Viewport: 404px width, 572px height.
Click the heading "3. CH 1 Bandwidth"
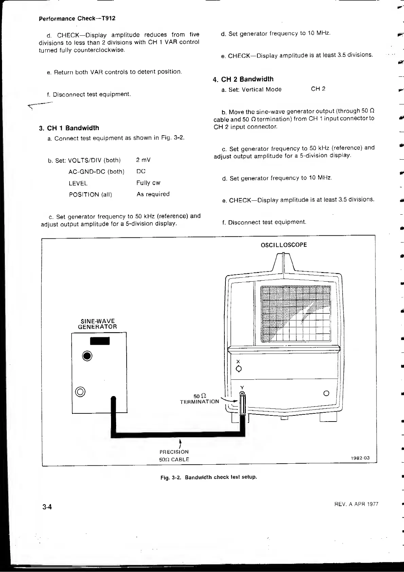coord(69,128)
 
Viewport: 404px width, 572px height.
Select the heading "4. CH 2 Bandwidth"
coord(243,79)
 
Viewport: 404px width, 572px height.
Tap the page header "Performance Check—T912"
coord(77,18)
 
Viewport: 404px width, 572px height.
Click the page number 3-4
coord(47,507)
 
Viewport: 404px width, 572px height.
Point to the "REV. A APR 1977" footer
coord(356,504)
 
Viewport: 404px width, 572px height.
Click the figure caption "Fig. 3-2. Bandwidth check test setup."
coord(208,477)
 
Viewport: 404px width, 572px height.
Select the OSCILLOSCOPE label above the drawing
coord(283,245)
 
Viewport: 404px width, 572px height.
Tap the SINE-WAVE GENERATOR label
coord(97,324)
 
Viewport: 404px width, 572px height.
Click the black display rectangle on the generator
coord(100,341)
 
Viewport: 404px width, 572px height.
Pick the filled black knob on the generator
coord(87,356)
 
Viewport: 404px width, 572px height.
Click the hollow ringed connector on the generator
coord(80,392)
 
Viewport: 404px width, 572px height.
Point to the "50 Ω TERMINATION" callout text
coord(200,399)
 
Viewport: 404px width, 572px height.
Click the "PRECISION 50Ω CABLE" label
coord(174,455)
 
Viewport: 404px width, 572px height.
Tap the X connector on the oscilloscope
coord(238,369)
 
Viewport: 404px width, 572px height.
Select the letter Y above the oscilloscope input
coord(242,388)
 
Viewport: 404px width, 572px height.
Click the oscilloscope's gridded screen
coord(295,314)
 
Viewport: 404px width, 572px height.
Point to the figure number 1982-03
coord(360,458)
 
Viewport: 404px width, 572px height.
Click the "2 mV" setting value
coord(143,160)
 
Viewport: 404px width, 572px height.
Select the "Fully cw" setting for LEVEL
coord(148,183)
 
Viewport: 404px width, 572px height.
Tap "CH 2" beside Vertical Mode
coord(318,89)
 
